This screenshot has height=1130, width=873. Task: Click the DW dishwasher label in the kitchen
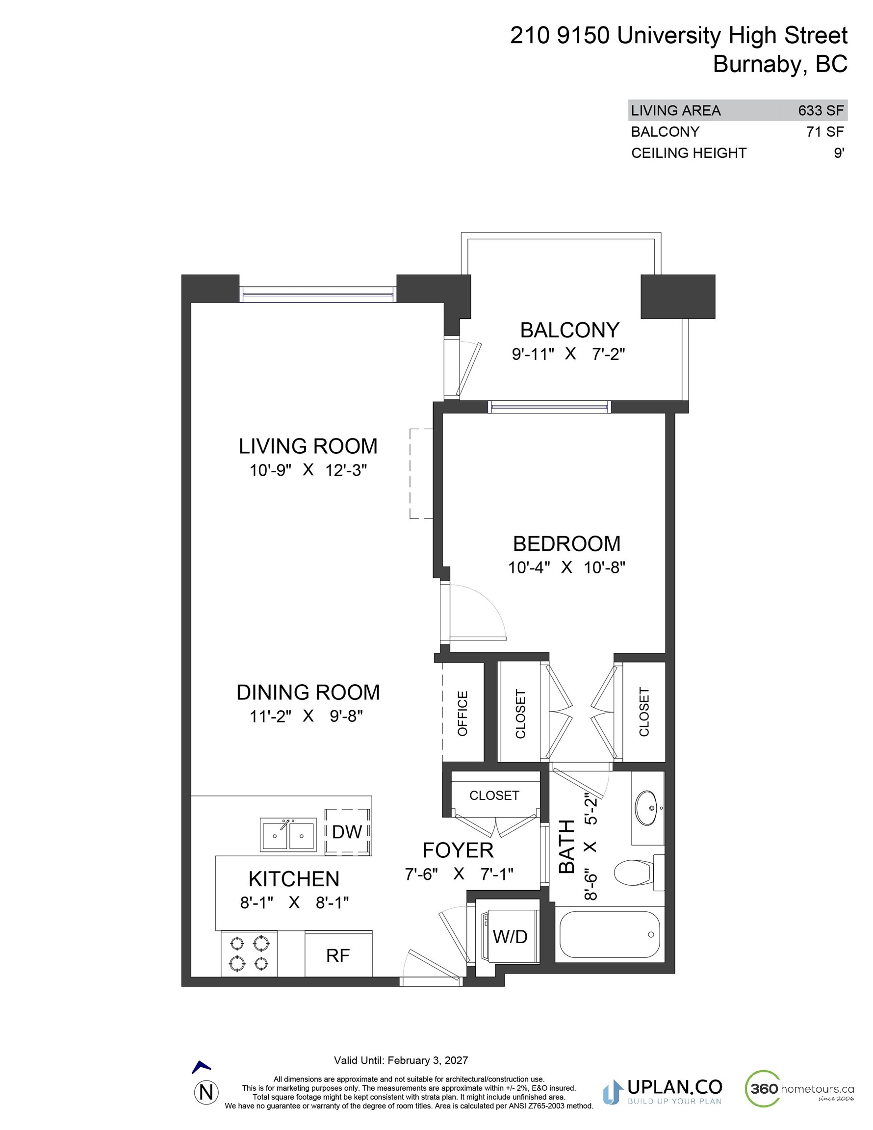tap(347, 832)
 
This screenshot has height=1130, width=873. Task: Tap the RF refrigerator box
tap(338, 955)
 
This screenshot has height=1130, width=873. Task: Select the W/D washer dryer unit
tap(509, 936)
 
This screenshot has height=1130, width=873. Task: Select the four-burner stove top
tap(249, 953)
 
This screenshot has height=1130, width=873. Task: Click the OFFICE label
tap(462, 713)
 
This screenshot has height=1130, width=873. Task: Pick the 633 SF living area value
tap(821, 110)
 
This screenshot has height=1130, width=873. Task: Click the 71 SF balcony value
tap(825, 132)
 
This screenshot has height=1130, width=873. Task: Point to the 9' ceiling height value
tap(838, 153)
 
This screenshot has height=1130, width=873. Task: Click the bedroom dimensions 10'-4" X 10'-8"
tap(566, 567)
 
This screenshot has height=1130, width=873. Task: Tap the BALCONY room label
tap(569, 330)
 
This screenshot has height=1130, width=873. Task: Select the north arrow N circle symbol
tap(206, 1092)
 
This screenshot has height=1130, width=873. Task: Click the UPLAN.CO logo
tap(663, 1091)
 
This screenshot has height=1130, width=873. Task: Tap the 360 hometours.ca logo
tap(799, 1089)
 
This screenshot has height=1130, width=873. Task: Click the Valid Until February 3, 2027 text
tap(401, 1060)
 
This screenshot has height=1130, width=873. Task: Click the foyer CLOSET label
tap(494, 795)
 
